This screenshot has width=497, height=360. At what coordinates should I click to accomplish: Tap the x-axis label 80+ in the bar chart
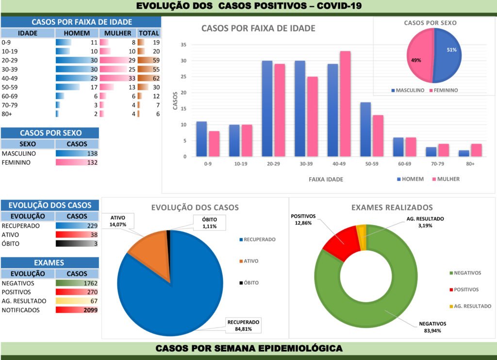(x=470, y=164)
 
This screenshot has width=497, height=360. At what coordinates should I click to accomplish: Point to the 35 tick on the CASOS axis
(x=183, y=45)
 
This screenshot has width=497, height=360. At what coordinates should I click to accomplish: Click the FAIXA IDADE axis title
(x=326, y=179)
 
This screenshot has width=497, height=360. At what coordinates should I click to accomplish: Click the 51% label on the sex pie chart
(x=452, y=50)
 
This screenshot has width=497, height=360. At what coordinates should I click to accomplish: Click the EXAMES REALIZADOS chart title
(x=392, y=207)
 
